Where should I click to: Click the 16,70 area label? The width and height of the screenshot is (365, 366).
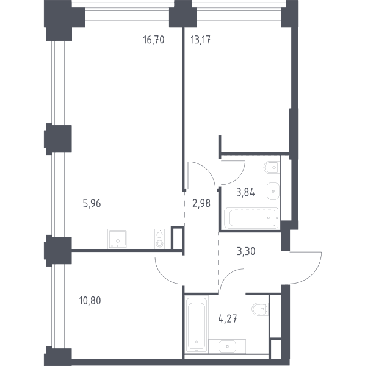(154, 40)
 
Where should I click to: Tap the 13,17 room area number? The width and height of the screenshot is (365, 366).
(201, 40)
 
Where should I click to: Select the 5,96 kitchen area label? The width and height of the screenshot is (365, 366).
(92, 203)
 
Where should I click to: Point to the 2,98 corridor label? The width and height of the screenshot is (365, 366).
(201, 203)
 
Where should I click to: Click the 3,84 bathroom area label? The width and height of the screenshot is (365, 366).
(245, 193)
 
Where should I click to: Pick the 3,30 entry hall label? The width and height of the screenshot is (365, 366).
(246, 251)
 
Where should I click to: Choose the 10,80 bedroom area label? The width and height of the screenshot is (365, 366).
(90, 300)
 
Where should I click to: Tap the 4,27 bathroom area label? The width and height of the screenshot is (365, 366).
(228, 318)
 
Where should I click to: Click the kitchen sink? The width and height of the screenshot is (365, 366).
(118, 239)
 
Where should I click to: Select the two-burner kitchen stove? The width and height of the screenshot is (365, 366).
(159, 239)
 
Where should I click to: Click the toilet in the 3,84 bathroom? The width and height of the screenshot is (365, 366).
(272, 167)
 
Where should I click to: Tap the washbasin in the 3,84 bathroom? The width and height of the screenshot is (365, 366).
(273, 191)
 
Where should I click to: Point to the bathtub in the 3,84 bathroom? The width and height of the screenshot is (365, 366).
(251, 218)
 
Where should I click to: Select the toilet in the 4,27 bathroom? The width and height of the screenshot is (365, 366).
(260, 309)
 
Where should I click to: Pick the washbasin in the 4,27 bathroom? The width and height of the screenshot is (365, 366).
(227, 346)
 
